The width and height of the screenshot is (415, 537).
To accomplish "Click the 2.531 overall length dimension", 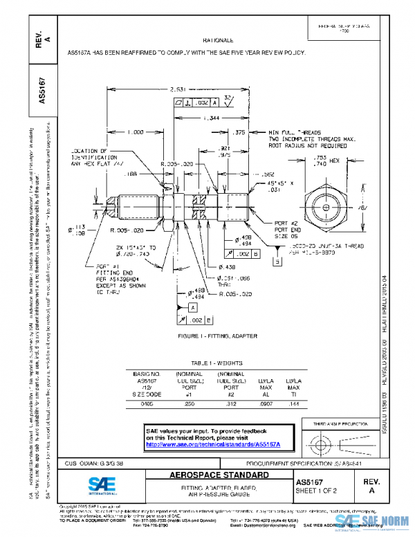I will coord(177,89).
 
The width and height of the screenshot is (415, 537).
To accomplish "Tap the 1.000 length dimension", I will coord(135,131).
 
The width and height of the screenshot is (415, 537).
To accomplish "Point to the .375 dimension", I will coord(240,131).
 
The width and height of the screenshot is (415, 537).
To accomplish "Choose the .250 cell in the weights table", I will coord(184,402).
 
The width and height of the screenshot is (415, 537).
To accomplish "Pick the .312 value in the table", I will coord(223,402).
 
